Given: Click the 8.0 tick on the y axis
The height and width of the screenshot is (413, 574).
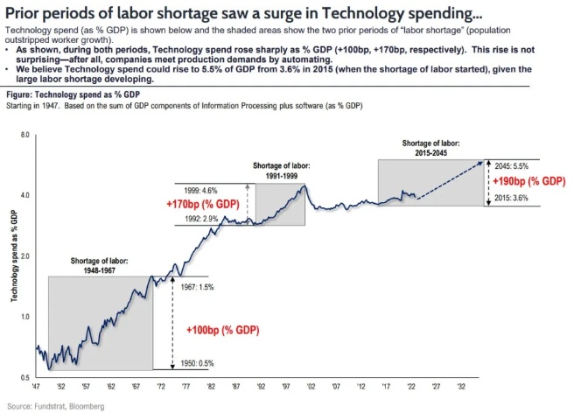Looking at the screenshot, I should click(24, 135).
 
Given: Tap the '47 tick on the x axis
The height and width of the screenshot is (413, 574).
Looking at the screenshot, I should click(36, 385).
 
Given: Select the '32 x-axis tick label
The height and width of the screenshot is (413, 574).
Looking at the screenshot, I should click(474, 385).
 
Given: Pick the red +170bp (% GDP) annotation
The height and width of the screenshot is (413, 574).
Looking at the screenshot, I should click(201, 204).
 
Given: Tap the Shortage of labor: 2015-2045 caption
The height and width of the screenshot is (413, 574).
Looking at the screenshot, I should click(429, 146).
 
